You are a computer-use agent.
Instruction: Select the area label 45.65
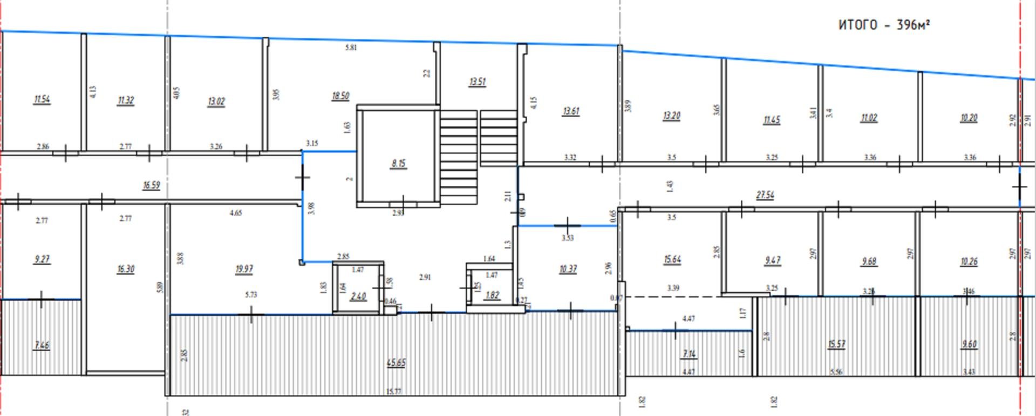396,363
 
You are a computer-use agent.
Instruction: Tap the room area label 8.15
399,163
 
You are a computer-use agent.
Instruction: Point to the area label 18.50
340,96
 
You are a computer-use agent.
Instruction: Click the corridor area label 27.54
765,194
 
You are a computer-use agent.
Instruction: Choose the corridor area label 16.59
152,185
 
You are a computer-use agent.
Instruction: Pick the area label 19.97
244,269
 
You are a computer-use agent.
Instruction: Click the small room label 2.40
358,296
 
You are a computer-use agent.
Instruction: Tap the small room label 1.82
492,295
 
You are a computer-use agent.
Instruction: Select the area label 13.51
478,82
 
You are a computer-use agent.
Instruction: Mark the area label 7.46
42,345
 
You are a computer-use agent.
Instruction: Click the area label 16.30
126,269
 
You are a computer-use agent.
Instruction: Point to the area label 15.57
836,344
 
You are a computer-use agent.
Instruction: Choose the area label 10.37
568,269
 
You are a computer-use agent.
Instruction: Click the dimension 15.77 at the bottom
394,391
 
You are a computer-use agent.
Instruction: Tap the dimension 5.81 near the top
351,48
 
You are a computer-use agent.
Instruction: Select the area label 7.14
689,354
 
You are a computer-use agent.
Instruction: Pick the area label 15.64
672,259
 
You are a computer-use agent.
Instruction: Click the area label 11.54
42,99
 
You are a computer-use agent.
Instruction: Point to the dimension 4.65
236,213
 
